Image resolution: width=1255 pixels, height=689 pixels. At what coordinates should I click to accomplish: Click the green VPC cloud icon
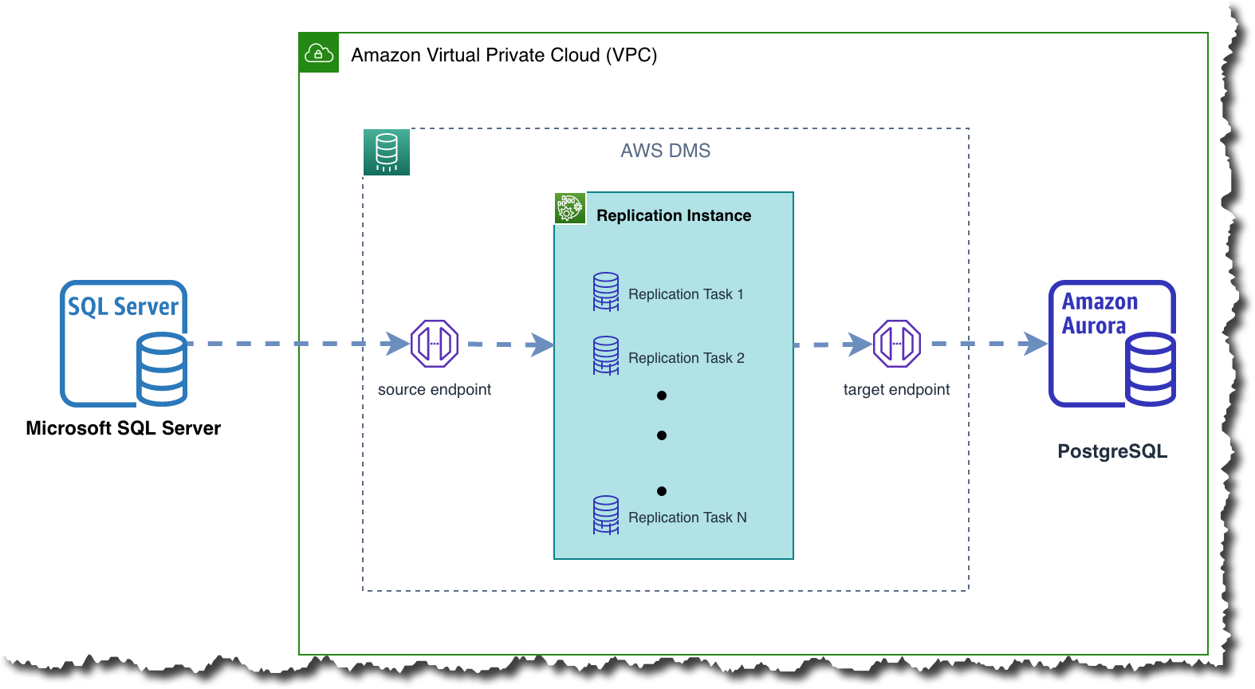pyautogui.click(x=319, y=53)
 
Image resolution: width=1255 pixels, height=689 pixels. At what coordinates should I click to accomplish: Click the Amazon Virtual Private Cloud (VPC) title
pyautogui.click(x=504, y=55)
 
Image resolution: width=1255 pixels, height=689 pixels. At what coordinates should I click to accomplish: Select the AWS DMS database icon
pyautogui.click(x=387, y=152)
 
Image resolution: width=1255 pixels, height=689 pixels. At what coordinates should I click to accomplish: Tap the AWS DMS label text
pyautogui.click(x=665, y=151)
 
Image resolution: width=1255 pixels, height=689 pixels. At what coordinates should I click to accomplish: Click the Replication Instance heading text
pyautogui.click(x=673, y=215)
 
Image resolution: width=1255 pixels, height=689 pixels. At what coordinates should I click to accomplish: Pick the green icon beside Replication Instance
pyautogui.click(x=570, y=209)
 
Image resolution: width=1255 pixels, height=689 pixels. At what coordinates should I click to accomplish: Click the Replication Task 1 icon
pyautogui.click(x=606, y=292)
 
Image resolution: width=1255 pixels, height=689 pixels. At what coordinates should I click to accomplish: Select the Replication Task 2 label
pyautogui.click(x=686, y=358)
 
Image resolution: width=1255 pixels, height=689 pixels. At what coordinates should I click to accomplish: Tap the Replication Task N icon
pyautogui.click(x=606, y=515)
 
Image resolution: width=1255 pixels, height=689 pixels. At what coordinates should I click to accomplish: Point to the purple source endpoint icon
pyautogui.click(x=435, y=344)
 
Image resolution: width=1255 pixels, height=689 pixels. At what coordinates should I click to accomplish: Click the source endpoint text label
pyautogui.click(x=435, y=390)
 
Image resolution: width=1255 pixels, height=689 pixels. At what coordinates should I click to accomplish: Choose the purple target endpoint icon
pyautogui.click(x=897, y=344)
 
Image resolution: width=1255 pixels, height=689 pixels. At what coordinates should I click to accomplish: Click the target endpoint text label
pyautogui.click(x=896, y=390)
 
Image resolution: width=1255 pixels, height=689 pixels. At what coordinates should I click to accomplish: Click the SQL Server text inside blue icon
pyautogui.click(x=123, y=307)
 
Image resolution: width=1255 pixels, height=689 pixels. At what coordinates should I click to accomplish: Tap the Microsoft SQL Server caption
pyautogui.click(x=124, y=428)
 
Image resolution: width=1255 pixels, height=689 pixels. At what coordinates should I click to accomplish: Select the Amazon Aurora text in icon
pyautogui.click(x=1099, y=313)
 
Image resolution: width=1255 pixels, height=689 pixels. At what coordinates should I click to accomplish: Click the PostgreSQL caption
pyautogui.click(x=1112, y=451)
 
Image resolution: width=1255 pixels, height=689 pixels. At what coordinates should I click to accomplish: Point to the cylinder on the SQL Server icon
pyautogui.click(x=162, y=370)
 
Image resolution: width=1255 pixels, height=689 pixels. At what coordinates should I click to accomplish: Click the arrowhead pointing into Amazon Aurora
pyautogui.click(x=1036, y=344)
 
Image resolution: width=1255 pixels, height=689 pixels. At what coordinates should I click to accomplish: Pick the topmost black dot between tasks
pyautogui.click(x=662, y=396)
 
